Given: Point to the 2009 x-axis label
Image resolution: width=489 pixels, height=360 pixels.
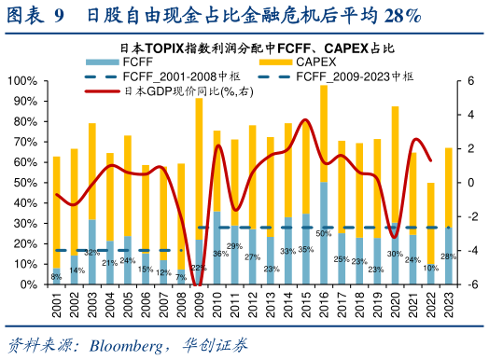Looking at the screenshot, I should pos(199,305).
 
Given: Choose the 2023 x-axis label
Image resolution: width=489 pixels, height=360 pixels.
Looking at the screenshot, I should pos(450,305).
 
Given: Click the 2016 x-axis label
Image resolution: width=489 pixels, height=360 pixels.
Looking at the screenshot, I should pos(324,305).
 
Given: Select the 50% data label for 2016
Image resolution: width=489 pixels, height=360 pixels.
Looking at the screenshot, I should pos(324,232).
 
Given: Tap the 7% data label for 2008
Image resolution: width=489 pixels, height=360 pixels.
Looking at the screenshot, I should pos(181,276).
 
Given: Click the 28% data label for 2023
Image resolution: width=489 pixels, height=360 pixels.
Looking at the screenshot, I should pos(449,256).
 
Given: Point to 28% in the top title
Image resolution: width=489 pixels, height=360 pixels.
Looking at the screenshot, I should pos(399,16).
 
